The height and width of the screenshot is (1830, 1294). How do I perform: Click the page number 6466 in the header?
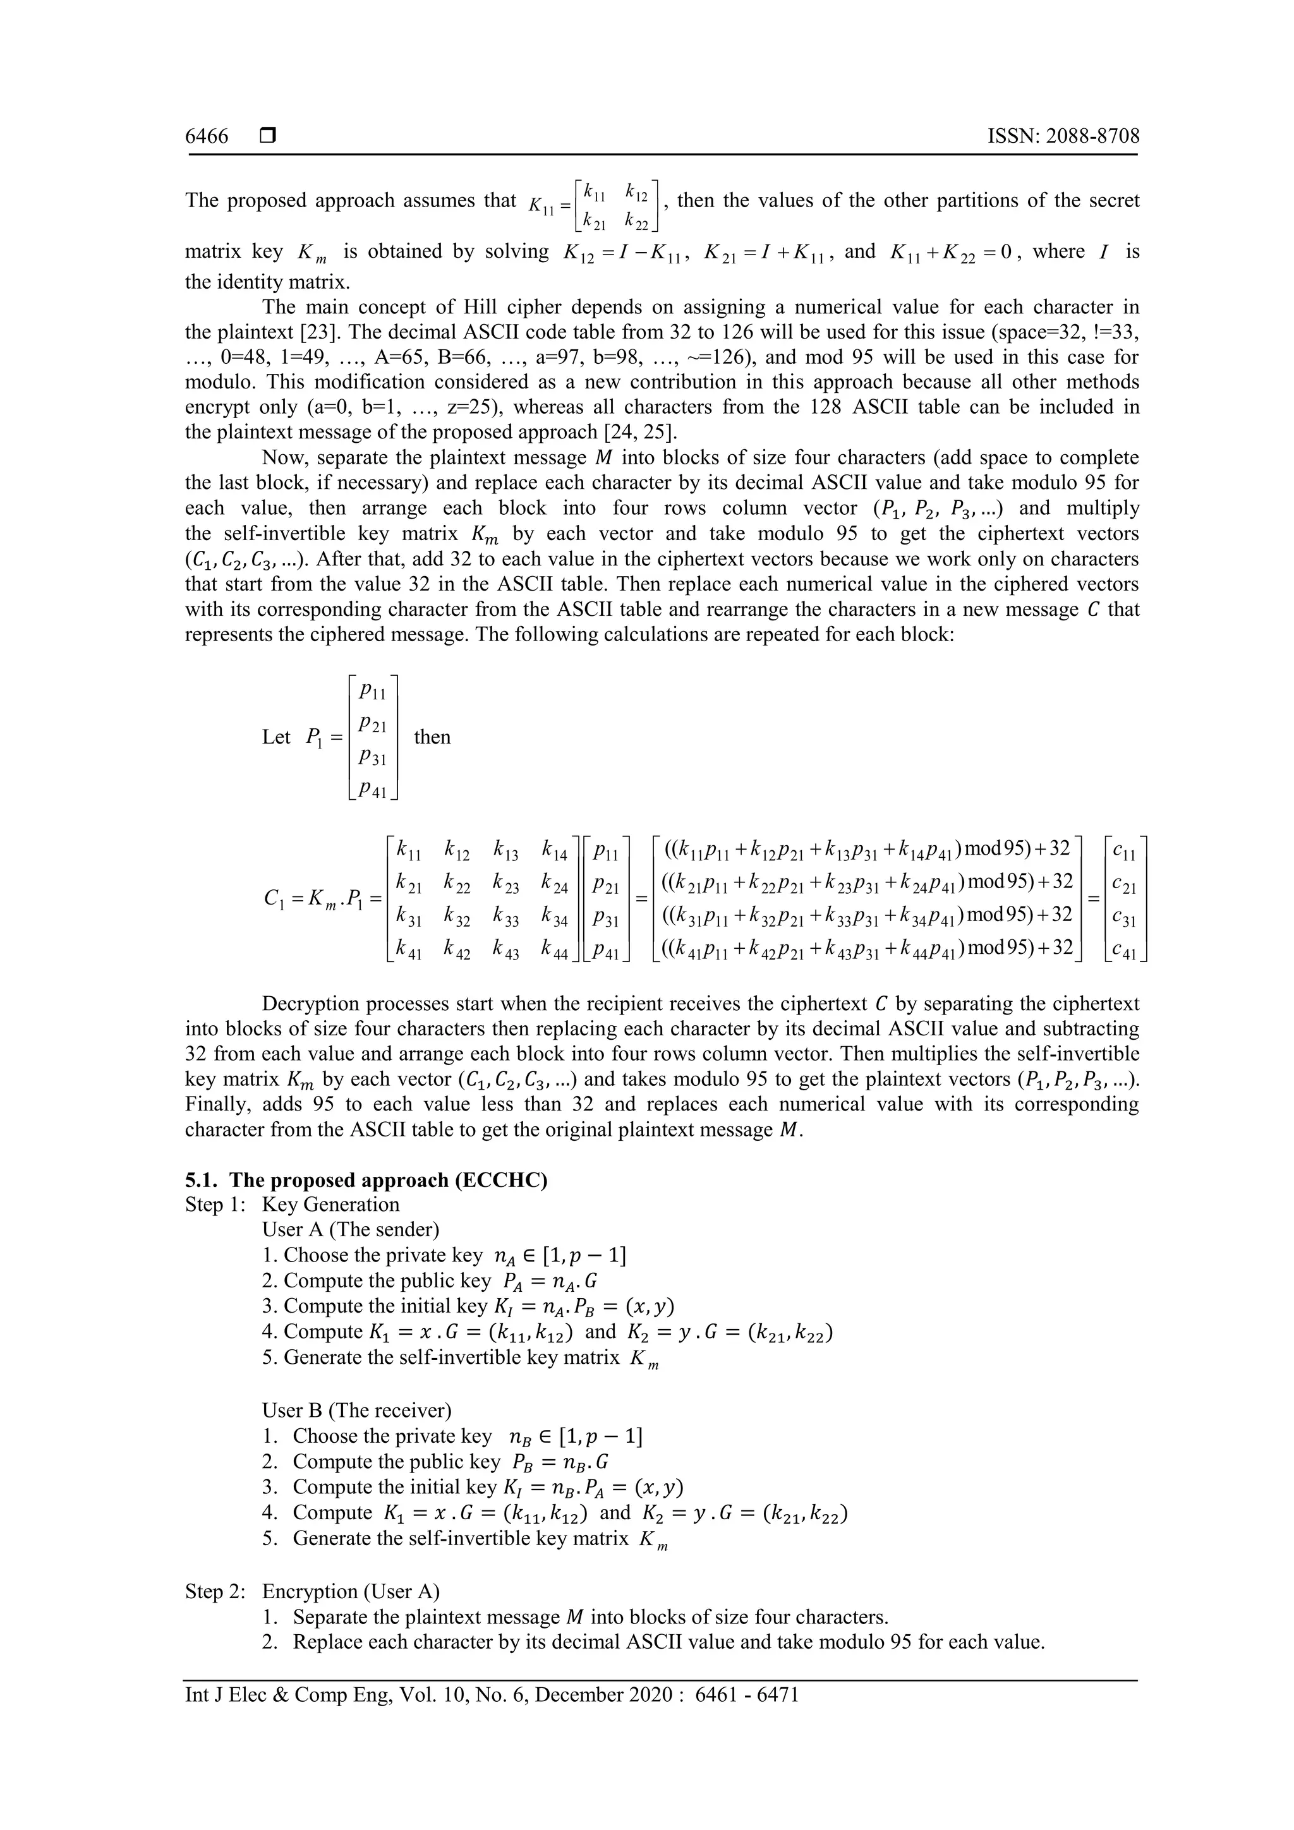point(207,136)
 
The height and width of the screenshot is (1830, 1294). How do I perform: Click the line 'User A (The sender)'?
point(350,1230)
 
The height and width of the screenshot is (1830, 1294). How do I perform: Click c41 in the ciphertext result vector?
point(1124,949)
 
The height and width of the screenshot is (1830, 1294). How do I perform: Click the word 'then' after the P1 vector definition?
point(432,737)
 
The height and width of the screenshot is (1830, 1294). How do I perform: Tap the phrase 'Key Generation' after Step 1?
point(331,1205)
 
